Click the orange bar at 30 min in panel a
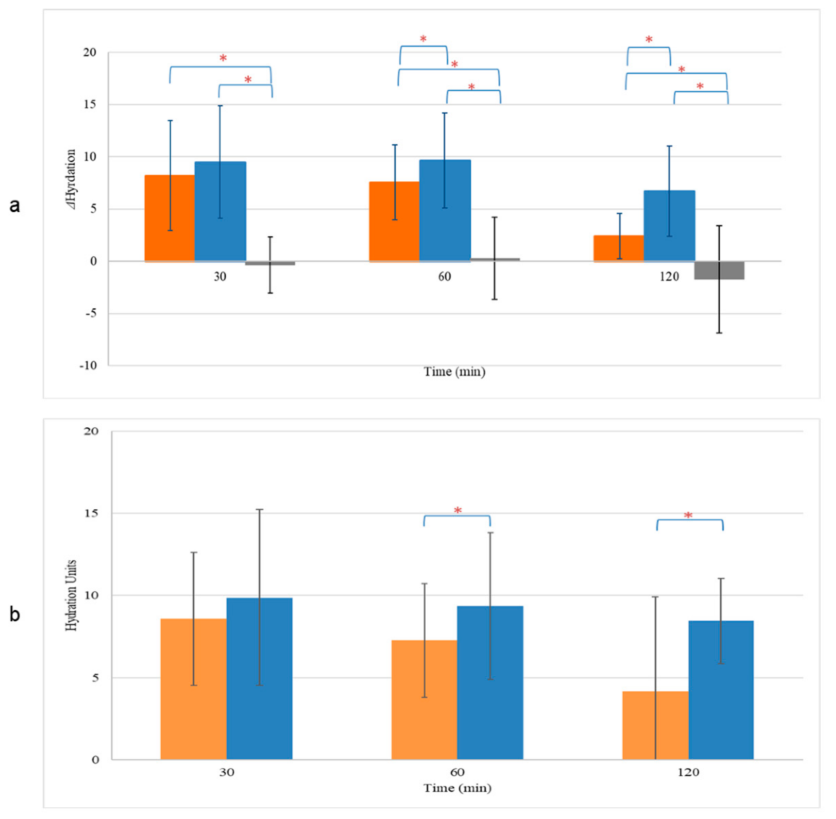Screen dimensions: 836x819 point(169,218)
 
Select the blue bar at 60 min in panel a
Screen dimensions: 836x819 point(445,210)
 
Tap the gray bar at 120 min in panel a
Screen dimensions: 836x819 point(719,270)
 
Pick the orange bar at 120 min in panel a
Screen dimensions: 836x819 point(619,248)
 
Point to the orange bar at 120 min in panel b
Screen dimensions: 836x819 point(655,725)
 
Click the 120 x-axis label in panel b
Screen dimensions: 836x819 point(689,772)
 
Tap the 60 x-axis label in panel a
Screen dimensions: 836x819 point(445,276)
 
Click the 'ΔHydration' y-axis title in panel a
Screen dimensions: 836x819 point(71,180)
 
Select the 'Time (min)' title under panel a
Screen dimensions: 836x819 point(455,372)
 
